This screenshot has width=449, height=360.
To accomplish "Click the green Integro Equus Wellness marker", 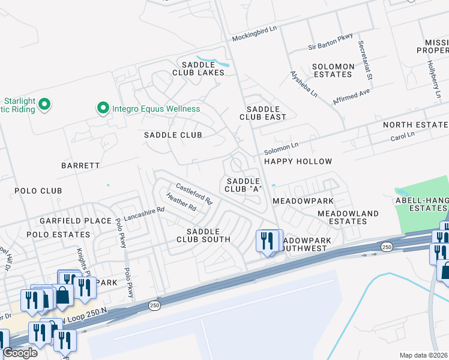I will [x=103, y=109].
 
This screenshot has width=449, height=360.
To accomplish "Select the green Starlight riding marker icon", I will [x=44, y=106].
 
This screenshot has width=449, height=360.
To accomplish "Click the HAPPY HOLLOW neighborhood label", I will [x=298, y=161].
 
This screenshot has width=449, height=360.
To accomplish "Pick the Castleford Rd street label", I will [x=194, y=193].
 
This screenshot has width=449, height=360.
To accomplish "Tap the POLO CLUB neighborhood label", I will [x=38, y=191].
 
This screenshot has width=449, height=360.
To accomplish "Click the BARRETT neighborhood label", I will [x=80, y=164].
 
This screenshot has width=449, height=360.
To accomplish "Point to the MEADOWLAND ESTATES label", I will [x=348, y=217].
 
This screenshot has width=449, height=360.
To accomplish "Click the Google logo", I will [x=20, y=353].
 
